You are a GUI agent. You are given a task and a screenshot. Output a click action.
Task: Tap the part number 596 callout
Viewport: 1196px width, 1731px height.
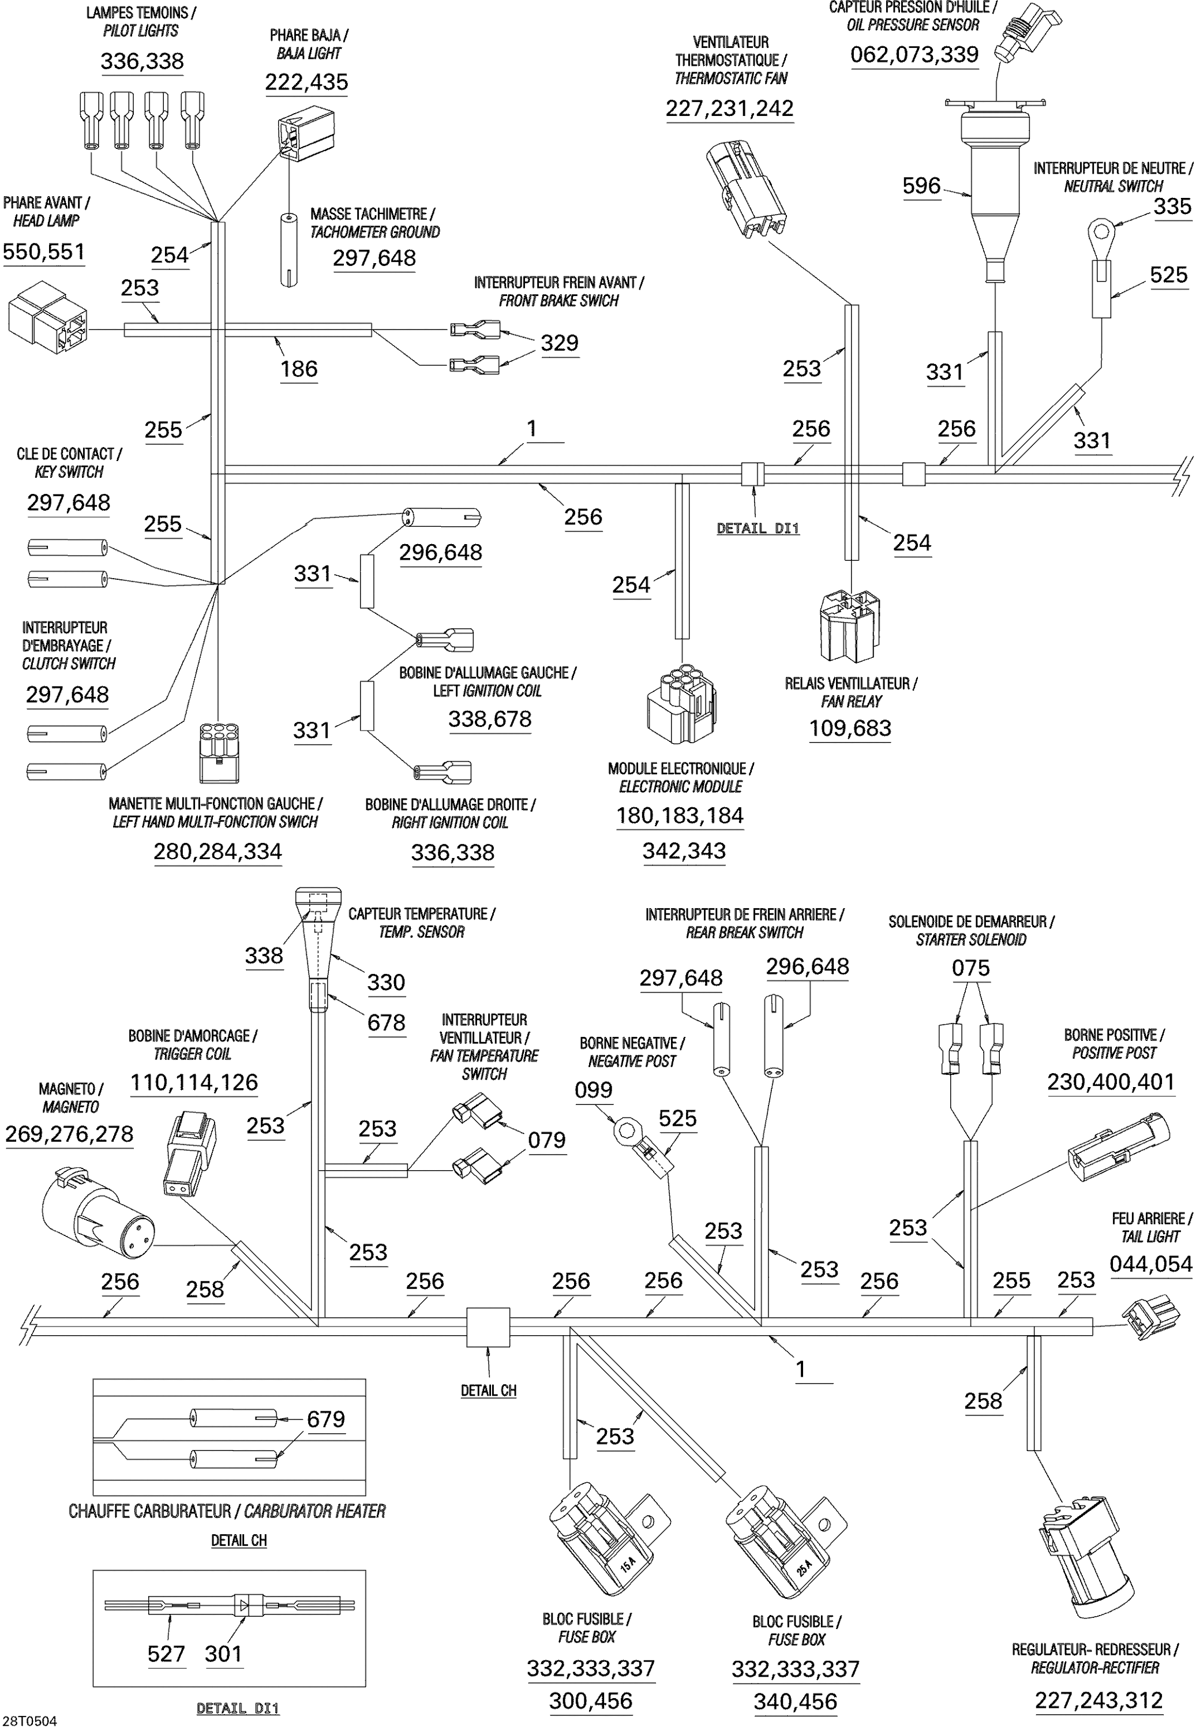point(921,186)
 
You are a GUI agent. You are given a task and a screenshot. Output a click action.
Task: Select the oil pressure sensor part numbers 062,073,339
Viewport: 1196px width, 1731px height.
point(914,55)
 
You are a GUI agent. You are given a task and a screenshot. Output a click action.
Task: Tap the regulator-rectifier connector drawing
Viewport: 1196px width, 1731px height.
point(1086,1563)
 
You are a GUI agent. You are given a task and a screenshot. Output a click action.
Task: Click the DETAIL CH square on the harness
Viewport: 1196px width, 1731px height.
point(488,1328)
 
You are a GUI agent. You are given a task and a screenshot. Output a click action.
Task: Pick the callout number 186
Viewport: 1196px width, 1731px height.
point(299,369)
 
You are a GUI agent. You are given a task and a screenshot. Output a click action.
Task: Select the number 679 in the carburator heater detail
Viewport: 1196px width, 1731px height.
point(325,1419)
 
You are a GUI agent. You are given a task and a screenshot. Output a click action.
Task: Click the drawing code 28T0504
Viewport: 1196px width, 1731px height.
point(30,1721)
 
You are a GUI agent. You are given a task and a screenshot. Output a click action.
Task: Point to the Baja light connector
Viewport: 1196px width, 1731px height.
point(306,135)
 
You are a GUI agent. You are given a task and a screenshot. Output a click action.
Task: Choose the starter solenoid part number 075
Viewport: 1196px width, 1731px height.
point(970,968)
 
